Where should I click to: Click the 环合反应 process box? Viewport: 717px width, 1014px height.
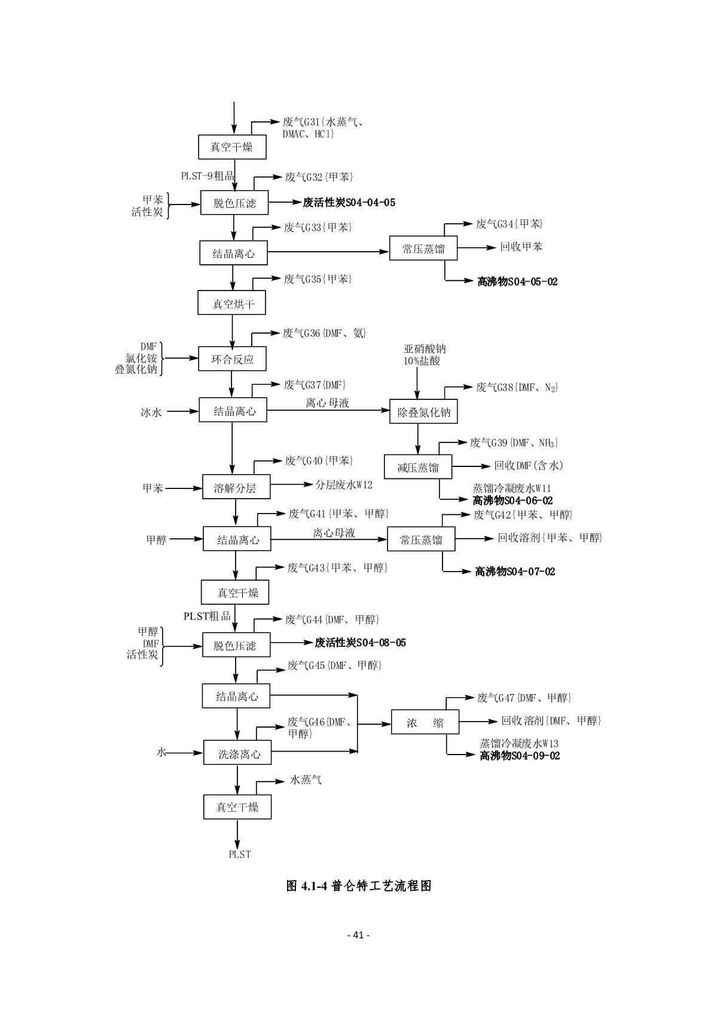click(232, 359)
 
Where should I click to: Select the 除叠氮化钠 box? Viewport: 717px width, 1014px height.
click(423, 411)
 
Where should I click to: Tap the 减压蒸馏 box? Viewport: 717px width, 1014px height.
click(417, 467)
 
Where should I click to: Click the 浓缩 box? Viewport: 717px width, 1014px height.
click(425, 722)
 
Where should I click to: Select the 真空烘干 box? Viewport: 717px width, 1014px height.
click(232, 304)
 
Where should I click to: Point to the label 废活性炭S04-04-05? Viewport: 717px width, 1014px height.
click(349, 203)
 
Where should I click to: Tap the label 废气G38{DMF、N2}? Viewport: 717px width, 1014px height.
click(517, 387)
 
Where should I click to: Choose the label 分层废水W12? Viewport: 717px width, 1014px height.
click(344, 485)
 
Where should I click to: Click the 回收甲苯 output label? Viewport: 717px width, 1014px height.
click(521, 247)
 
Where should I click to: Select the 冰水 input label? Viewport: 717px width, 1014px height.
click(151, 412)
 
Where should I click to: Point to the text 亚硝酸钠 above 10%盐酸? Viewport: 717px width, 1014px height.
click(424, 349)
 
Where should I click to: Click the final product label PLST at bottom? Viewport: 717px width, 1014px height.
click(240, 854)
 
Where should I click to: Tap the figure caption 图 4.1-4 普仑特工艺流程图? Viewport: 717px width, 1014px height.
click(359, 886)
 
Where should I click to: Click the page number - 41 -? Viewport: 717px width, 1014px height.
click(359, 934)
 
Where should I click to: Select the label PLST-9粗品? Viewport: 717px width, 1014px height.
click(208, 176)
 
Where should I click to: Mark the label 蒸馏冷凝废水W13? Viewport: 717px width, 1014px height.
click(518, 744)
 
